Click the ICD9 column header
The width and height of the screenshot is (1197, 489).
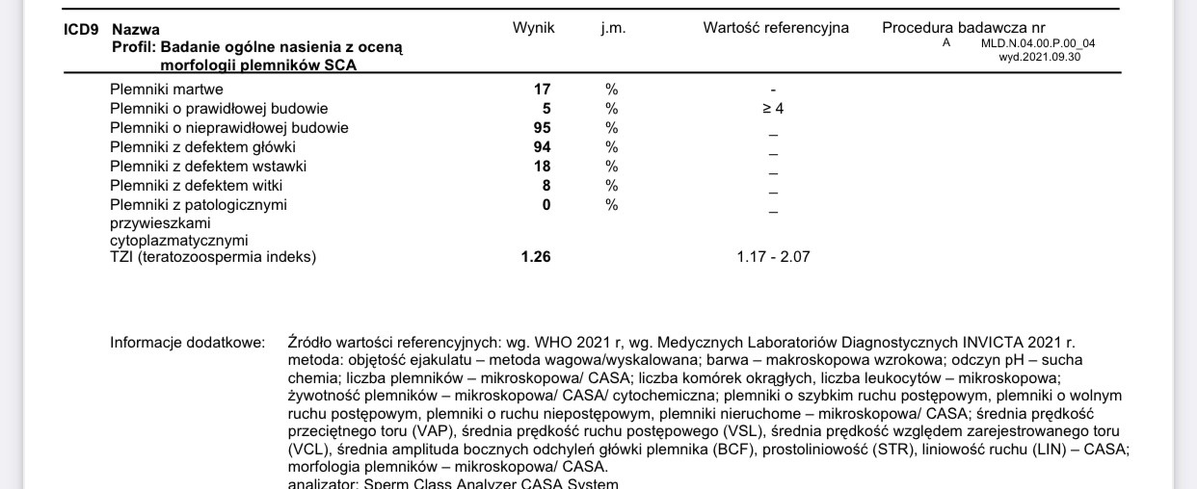point(80,29)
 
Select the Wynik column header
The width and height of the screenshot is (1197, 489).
point(533,28)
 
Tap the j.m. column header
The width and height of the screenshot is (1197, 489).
point(613,28)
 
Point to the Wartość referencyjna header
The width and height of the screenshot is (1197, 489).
point(776,28)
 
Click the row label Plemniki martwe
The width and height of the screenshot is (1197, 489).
point(167,90)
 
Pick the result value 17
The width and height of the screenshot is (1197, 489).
point(542,90)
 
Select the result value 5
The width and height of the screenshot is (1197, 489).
point(545,109)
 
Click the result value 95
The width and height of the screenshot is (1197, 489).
point(542,128)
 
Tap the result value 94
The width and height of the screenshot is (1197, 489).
point(542,147)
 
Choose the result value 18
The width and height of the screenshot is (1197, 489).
point(542,167)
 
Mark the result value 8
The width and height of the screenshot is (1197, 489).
point(545,186)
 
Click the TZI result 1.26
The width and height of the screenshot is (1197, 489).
point(536,257)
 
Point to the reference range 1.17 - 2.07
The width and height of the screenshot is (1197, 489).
point(773,257)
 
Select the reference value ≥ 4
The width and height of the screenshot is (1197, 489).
point(773,109)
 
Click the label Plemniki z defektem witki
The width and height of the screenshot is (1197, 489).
point(197,186)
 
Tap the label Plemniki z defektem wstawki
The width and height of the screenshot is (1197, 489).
point(204,167)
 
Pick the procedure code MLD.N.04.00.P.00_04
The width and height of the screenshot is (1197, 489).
point(1038,43)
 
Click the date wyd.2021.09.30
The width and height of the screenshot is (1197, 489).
point(1040,57)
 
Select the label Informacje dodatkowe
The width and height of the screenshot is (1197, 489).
point(187,342)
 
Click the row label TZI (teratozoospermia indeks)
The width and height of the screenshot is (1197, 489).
point(213,257)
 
